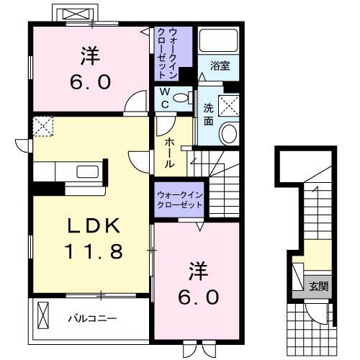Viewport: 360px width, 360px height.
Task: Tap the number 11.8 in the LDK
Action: coord(96,252)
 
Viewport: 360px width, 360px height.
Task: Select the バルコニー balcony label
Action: coord(93,318)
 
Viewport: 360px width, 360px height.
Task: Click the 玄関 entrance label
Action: coord(319,286)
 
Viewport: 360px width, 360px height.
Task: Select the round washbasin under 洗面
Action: coord(230,134)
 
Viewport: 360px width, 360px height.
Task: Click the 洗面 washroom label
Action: coord(209,114)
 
